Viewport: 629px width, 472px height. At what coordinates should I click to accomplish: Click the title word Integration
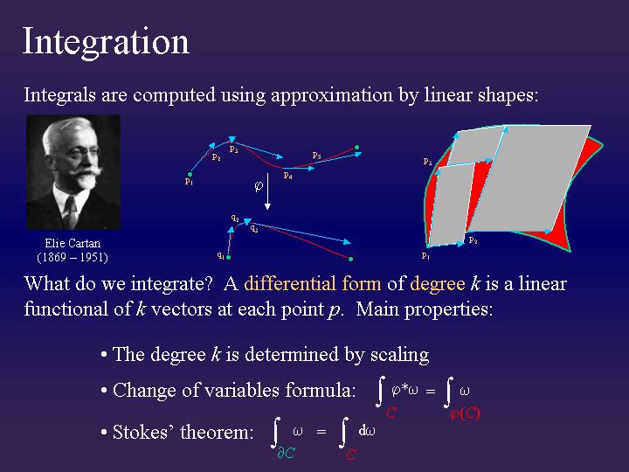point(106,42)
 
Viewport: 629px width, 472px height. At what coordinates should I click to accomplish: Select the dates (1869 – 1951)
point(72,257)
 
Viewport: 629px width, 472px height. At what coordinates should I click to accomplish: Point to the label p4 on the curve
point(287,176)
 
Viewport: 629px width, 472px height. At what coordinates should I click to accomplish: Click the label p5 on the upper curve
point(316,156)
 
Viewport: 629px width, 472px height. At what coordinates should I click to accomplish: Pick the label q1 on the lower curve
point(222,255)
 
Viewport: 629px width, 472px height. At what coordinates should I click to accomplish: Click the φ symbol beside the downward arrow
point(258,186)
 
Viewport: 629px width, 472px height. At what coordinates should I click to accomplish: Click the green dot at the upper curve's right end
point(356,147)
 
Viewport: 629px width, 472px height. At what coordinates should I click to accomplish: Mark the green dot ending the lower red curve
point(350,259)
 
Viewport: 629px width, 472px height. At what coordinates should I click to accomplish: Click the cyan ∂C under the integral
point(286,454)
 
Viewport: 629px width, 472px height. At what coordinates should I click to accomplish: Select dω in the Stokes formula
point(368,430)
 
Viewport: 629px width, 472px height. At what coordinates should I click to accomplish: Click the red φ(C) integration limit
point(464,413)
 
